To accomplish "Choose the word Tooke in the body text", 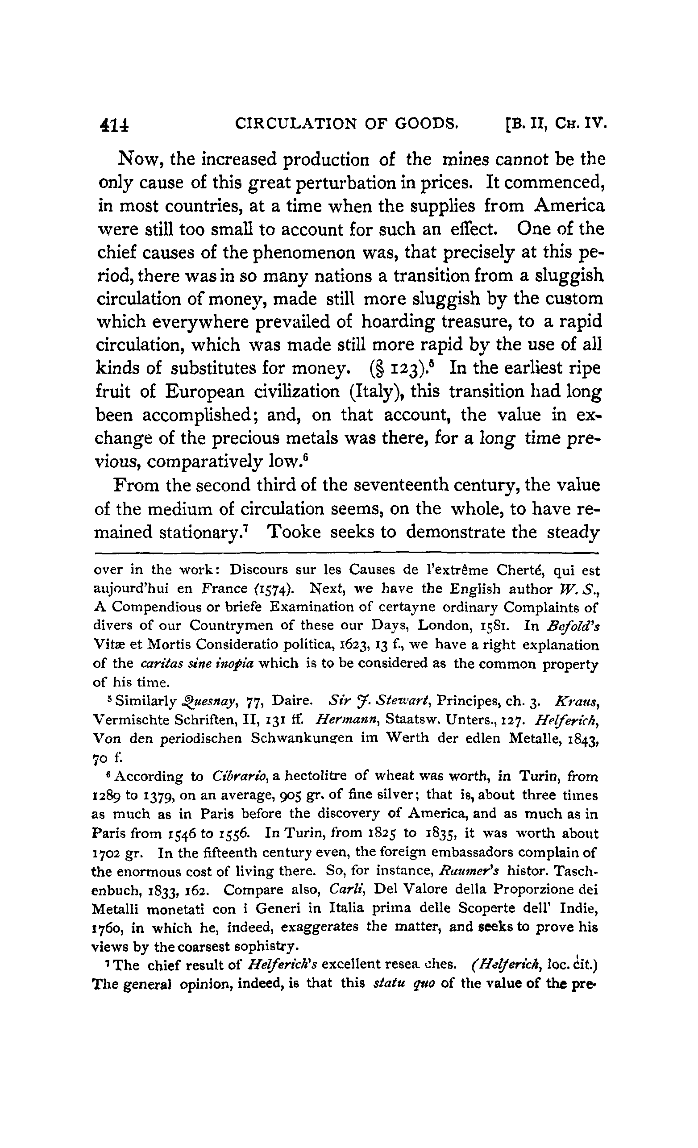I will pyautogui.click(x=293, y=532).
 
